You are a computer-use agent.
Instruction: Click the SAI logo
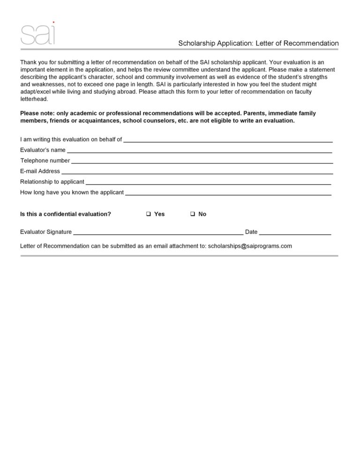coord(38,34)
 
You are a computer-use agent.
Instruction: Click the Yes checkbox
coord(148,214)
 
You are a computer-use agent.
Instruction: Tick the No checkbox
coord(192,214)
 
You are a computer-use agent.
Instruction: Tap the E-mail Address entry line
coord(197,173)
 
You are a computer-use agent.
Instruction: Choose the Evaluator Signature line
coord(158,233)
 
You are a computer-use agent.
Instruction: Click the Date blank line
coord(295,233)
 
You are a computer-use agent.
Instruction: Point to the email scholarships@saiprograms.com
coord(250,246)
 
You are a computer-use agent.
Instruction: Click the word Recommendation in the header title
coord(309,43)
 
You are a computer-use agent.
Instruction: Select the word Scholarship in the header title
coord(196,43)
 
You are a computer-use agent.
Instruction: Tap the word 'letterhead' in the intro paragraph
coord(34,99)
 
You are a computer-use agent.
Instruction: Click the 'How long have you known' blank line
coord(228,194)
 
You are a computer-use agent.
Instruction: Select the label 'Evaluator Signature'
coord(46,232)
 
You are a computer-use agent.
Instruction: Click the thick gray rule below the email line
coord(179,256)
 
